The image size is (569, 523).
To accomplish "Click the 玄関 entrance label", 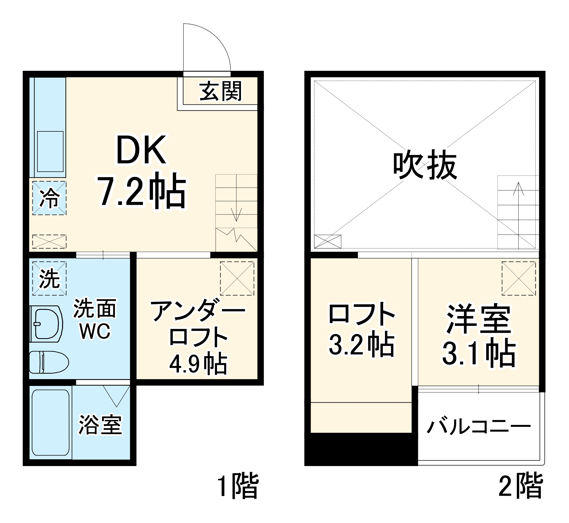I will (x=220, y=91).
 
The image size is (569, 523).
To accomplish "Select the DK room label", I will (x=141, y=150).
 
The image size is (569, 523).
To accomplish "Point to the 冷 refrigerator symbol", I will (x=49, y=198).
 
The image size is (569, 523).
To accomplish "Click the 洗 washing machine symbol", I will (x=49, y=278).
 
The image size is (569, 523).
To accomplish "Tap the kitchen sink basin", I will (x=50, y=152).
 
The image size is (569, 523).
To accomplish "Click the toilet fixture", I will (x=49, y=362).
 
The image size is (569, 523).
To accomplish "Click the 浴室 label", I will (x=100, y=425).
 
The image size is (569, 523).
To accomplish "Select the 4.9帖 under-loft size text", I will (x=198, y=364).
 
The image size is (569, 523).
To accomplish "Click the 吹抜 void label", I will (x=425, y=165).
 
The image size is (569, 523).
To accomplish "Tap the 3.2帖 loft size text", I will (x=362, y=345).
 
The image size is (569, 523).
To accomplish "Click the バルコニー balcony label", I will (x=479, y=426).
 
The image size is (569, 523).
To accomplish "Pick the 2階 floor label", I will (x=521, y=486).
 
